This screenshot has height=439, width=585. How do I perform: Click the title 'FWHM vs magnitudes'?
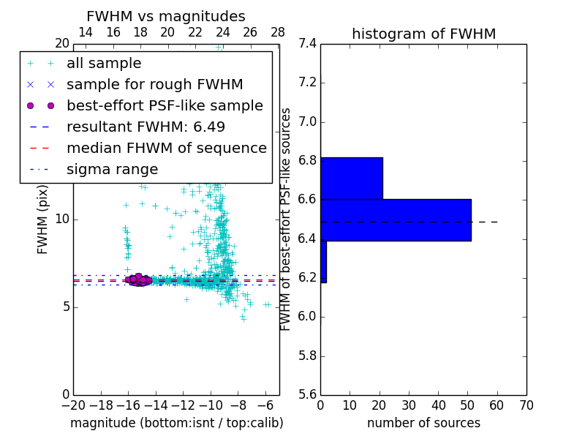(166, 17)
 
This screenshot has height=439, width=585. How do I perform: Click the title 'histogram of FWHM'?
(423, 34)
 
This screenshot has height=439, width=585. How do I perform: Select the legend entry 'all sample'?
(104, 64)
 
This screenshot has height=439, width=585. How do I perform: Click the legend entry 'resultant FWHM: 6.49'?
(146, 127)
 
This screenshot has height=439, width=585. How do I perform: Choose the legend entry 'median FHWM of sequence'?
(166, 148)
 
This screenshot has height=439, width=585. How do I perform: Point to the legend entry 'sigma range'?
(112, 169)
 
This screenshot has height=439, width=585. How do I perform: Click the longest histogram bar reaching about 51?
(396, 219)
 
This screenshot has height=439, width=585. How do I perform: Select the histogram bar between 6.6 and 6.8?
(351, 178)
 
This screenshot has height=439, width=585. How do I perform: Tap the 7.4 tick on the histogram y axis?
(306, 44)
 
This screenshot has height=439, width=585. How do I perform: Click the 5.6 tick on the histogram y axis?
(306, 395)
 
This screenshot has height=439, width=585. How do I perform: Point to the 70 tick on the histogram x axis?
(526, 405)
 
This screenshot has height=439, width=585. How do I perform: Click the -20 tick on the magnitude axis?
(73, 405)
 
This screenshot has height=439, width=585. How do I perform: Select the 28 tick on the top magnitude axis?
(278, 32)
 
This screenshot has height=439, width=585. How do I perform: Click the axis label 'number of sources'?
(423, 423)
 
